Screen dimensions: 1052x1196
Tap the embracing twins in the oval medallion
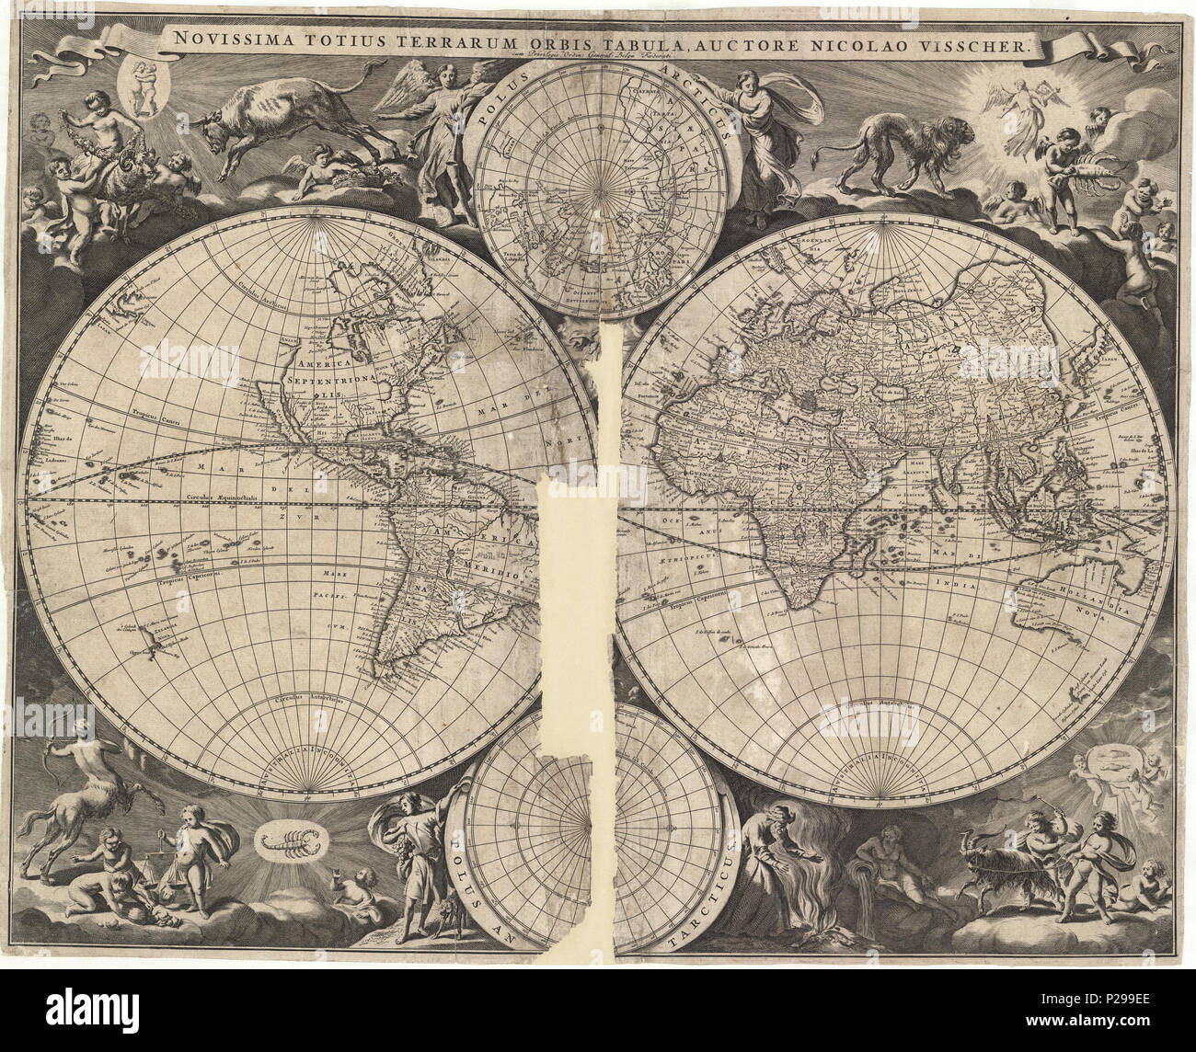144,87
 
